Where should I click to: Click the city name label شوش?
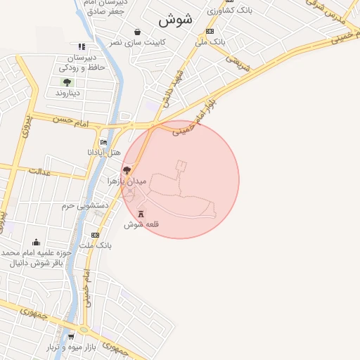pyautogui.click(x=180, y=20)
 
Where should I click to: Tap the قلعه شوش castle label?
pyautogui.click(x=143, y=224)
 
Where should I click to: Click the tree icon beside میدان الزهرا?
pyautogui.click(x=127, y=170)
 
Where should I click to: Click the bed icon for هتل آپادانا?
pyautogui.click(x=103, y=143)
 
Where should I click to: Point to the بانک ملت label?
pyautogui.click(x=96, y=245)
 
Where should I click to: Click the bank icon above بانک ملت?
pyautogui.click(x=95, y=235)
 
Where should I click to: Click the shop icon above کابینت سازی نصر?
pyautogui.click(x=136, y=32)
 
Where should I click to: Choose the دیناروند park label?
pyautogui.click(x=68, y=92)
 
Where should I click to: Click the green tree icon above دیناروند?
pyautogui.click(x=67, y=82)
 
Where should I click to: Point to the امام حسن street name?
pyautogui.click(x=75, y=122)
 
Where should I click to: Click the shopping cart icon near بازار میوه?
pyautogui.click(x=70, y=337)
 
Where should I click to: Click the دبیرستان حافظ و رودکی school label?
pyautogui.click(x=82, y=62)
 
